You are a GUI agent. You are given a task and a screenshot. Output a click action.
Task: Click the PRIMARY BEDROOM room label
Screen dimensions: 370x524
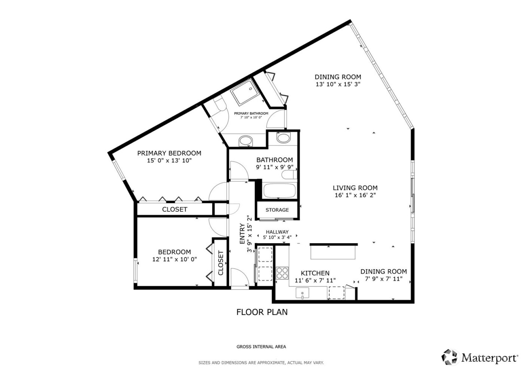tap(169, 153)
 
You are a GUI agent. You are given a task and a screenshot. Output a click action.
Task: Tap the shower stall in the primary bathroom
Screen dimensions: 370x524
tap(244, 95)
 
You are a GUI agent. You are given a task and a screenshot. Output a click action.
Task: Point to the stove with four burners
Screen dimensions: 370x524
tap(282, 273)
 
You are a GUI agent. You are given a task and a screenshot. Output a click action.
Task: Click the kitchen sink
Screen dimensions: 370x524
tap(302, 293)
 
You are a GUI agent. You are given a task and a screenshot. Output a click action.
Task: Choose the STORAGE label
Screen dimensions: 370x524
tap(277, 210)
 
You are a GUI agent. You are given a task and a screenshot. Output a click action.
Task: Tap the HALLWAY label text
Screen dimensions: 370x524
tap(277, 232)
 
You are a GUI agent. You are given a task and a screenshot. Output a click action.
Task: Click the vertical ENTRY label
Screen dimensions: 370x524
tap(242, 234)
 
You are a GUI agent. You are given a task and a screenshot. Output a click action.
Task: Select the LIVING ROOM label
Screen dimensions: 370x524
tap(355, 188)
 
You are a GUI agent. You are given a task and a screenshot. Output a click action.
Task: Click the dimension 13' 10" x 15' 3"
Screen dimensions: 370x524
tap(338, 85)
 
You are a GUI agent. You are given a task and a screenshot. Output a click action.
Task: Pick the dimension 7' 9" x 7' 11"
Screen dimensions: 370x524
tap(383, 279)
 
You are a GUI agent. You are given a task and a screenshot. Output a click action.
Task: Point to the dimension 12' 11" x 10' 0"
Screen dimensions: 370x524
tap(174, 259)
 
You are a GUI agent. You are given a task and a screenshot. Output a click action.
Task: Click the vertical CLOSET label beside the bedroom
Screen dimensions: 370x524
tap(220, 263)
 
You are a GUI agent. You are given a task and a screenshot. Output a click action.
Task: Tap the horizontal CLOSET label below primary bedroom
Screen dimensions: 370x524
tap(174, 210)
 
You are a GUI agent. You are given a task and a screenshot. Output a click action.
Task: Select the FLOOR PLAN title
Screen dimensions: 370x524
tap(262, 312)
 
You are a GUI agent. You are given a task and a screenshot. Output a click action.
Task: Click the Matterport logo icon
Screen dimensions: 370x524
tap(450, 357)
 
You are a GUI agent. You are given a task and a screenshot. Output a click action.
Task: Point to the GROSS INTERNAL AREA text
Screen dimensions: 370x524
tap(261, 347)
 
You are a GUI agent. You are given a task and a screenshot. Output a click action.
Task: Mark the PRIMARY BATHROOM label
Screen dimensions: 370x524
tap(251, 113)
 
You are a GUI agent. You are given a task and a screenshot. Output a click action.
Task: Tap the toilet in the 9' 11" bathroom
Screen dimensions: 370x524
tap(289, 175)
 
